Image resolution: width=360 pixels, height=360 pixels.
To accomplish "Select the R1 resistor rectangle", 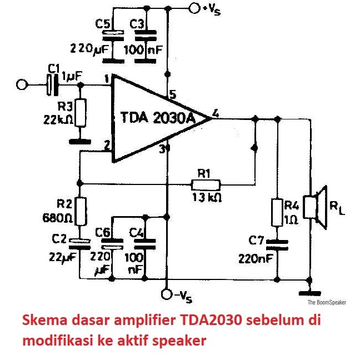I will (206, 184).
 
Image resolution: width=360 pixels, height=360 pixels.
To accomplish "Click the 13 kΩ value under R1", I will (207, 197).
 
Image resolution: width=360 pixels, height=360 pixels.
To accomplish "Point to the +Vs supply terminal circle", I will (194, 8).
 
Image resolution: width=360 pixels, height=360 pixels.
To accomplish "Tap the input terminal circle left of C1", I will (23, 85).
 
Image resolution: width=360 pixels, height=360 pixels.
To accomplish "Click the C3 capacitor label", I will (137, 24).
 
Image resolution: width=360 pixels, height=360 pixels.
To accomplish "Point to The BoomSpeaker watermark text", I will (327, 303).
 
